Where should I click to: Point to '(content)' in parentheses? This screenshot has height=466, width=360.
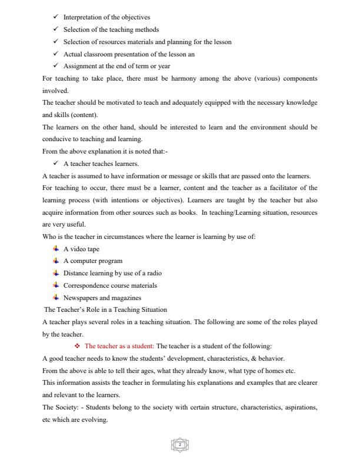(x=84, y=115)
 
